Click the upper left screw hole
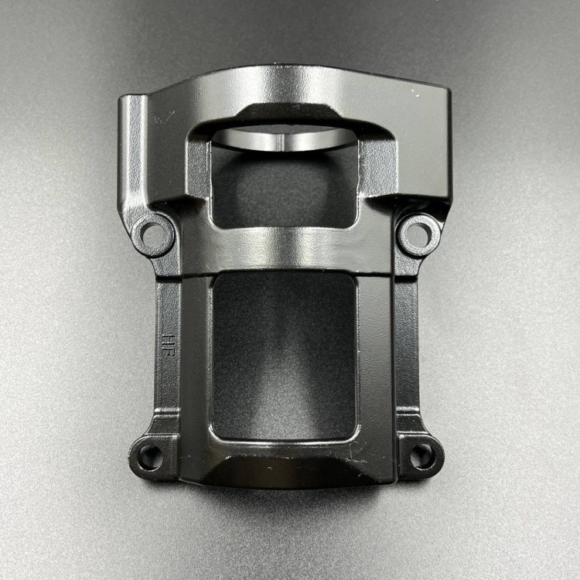pyautogui.click(x=152, y=232)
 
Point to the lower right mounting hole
pyautogui.click(x=422, y=455)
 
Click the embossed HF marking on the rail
pyautogui.click(x=168, y=343)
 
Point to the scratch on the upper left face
pyautogui.click(x=163, y=117)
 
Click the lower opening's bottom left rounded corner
pyautogui.click(x=220, y=434)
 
